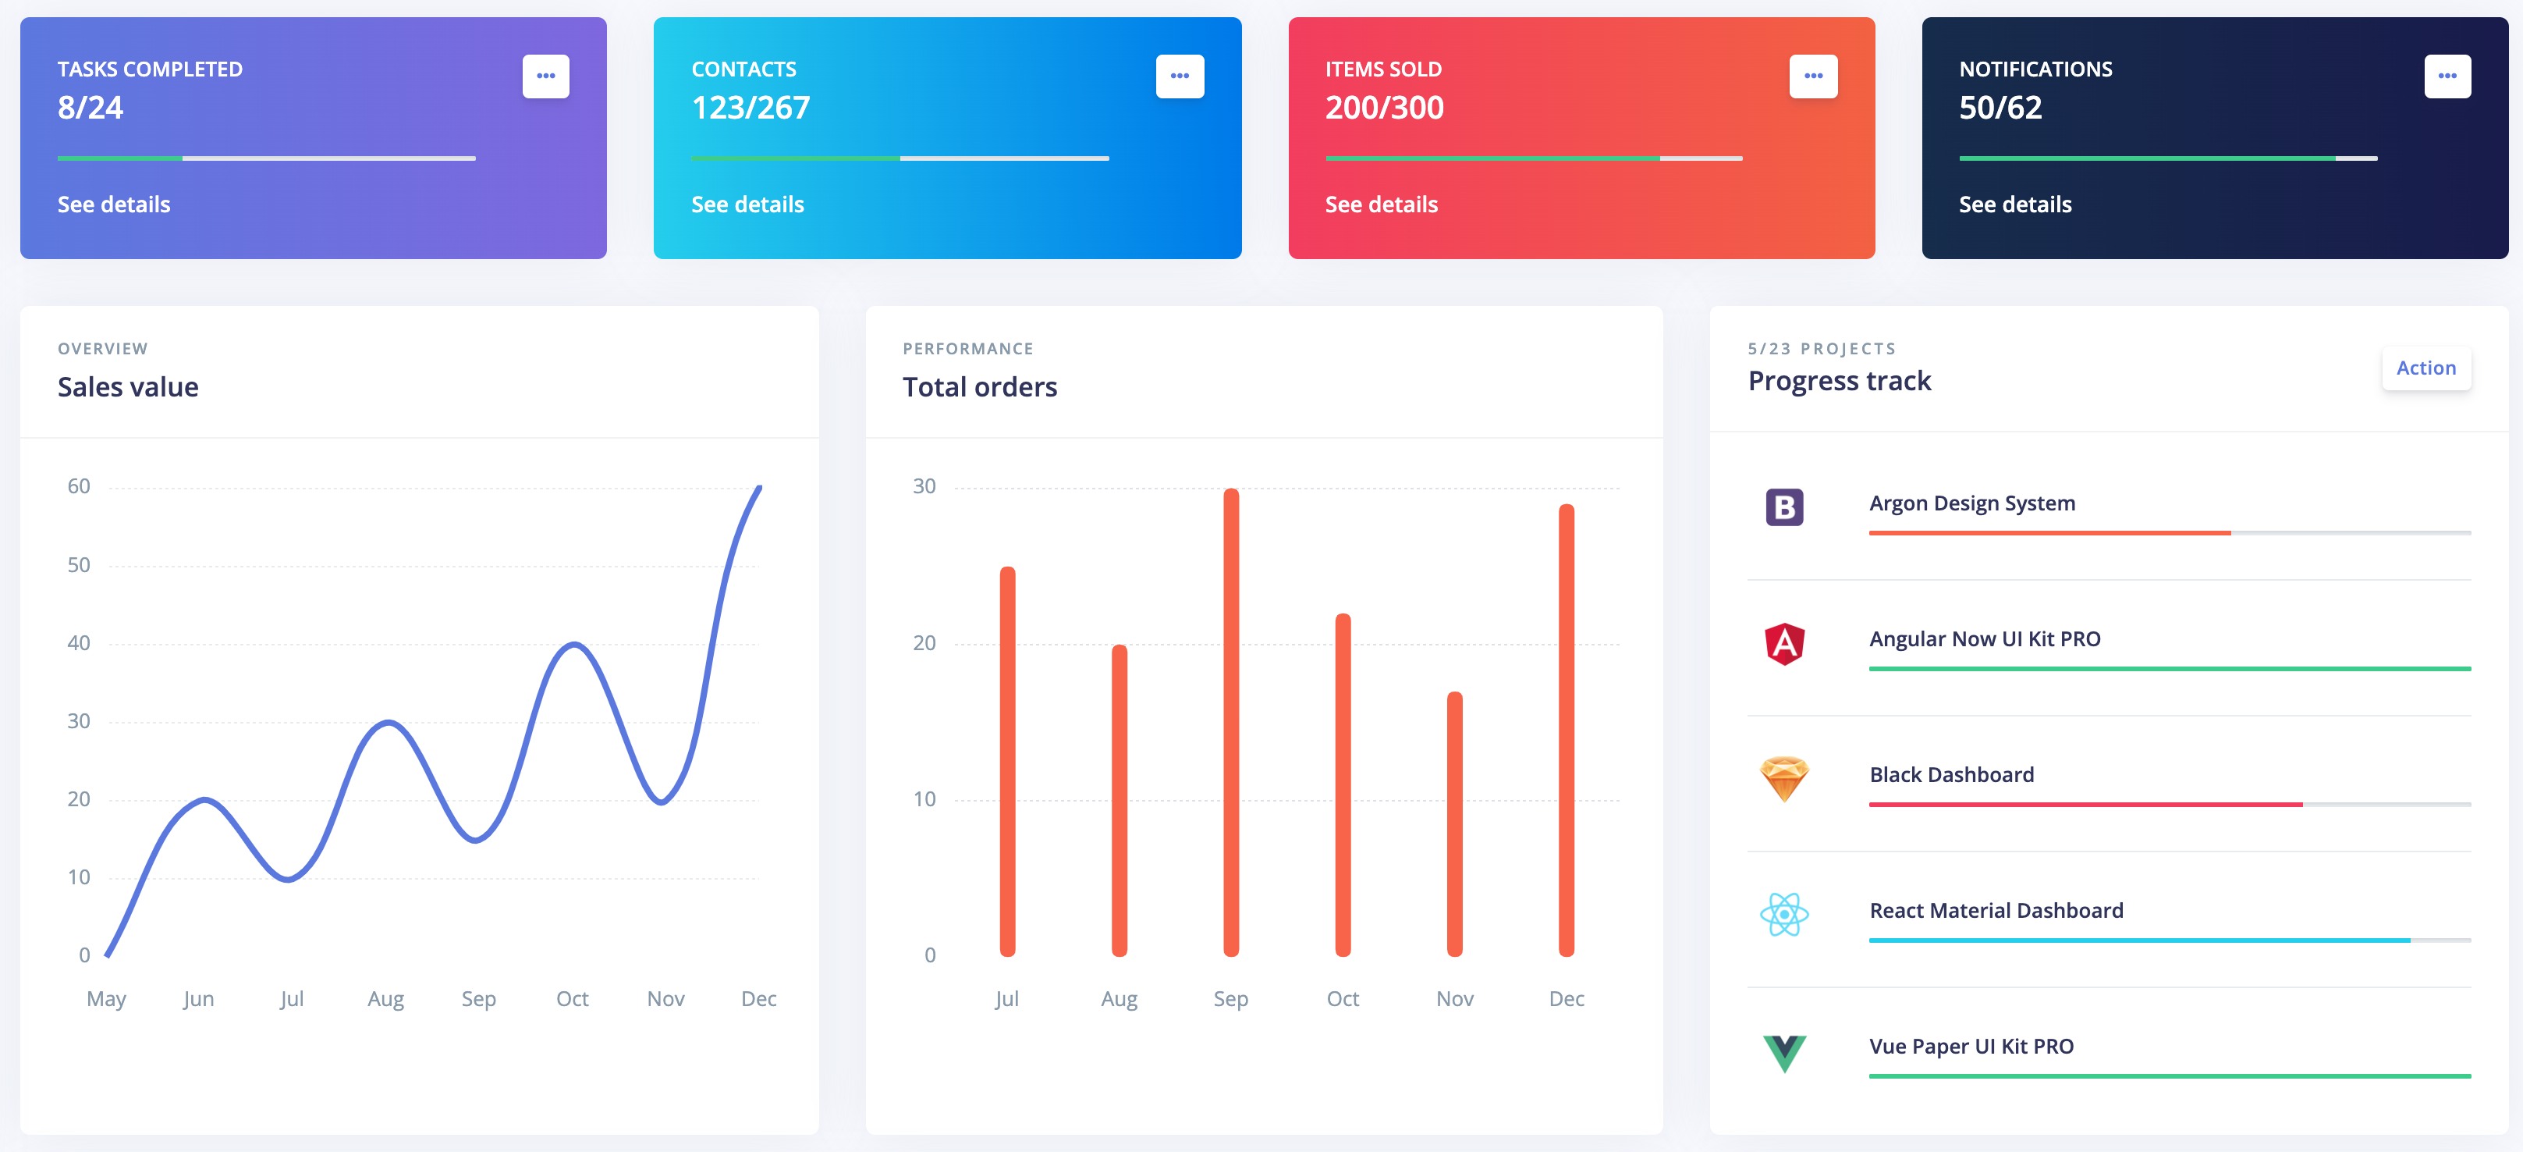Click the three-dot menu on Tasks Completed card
[x=545, y=76]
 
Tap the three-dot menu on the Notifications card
[x=2447, y=76]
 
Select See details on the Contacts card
[x=747, y=204]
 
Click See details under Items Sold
[x=1381, y=204]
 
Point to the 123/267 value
[x=751, y=108]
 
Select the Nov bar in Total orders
[x=1454, y=824]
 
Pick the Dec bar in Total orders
[x=1566, y=730]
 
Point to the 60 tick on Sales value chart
[x=78, y=487]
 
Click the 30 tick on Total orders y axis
[x=924, y=487]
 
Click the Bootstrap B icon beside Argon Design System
[x=1783, y=507]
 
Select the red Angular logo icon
[x=1783, y=644]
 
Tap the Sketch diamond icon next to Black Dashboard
[x=1783, y=780]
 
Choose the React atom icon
[x=1783, y=915]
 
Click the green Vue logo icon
[x=1783, y=1053]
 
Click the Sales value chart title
[x=128, y=387]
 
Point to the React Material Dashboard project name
[x=1996, y=911]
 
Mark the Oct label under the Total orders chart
[x=1342, y=999]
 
